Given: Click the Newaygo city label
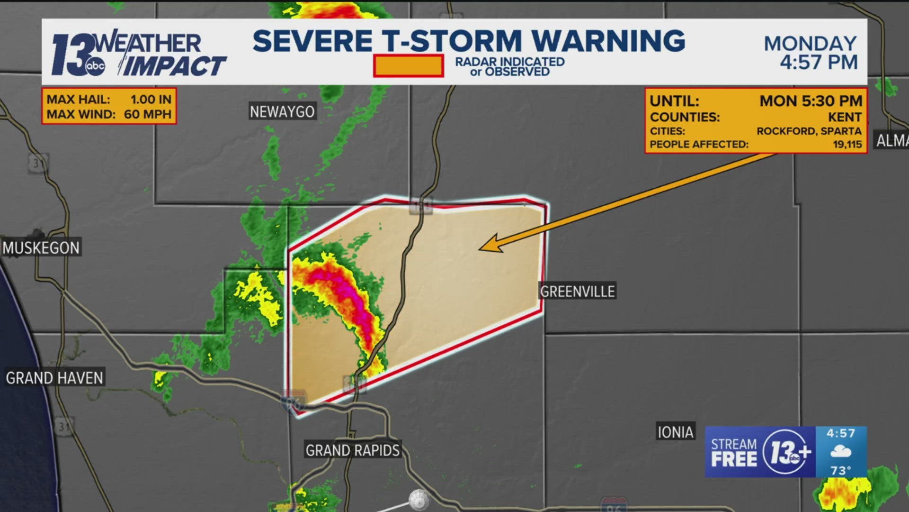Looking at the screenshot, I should coord(282,112).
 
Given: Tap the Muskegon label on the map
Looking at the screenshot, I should coord(41,248).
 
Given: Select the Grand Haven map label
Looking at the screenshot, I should coord(54,378).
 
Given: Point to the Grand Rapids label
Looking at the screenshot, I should coord(353,450).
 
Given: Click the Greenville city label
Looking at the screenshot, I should coord(578,291).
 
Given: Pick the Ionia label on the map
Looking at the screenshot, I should coord(676,432).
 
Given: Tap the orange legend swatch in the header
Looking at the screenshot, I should coord(408,66).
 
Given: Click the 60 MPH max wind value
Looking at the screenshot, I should coord(147,114).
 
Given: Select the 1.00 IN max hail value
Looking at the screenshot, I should coord(151,100).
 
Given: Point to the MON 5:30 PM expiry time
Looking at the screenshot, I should coord(811,101).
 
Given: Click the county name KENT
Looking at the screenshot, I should coord(845,117).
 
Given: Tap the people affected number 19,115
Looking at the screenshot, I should coord(847,144).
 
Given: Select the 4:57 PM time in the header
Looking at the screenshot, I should coord(819,63).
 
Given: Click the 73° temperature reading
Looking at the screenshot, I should coord(841,470).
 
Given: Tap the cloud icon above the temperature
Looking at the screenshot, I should coord(841,451).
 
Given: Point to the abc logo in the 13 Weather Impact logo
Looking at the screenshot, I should coord(95,66).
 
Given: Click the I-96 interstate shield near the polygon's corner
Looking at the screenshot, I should coord(293,401).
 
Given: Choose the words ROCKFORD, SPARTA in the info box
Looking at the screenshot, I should coord(809,131).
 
